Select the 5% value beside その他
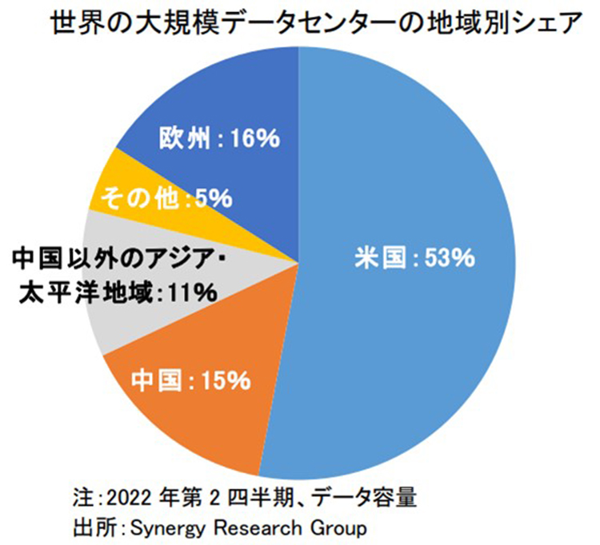pyautogui.click(x=212, y=197)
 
